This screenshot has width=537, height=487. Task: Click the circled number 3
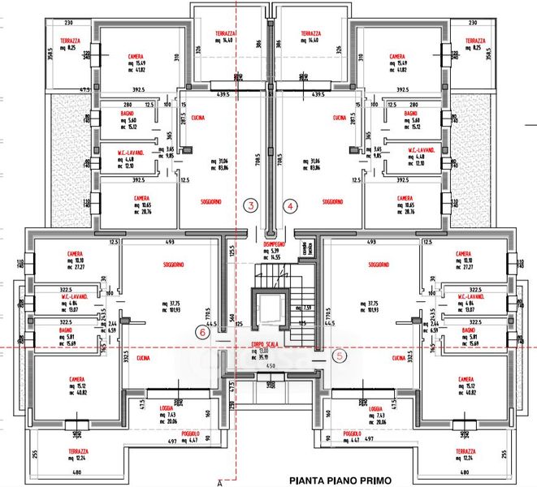coord(252,206)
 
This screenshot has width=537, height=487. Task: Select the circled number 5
coord(340,355)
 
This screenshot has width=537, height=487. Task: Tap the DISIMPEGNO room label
coord(273,243)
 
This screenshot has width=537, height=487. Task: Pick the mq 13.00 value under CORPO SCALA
coord(269,351)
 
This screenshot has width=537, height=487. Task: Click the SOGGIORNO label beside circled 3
coord(212,201)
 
